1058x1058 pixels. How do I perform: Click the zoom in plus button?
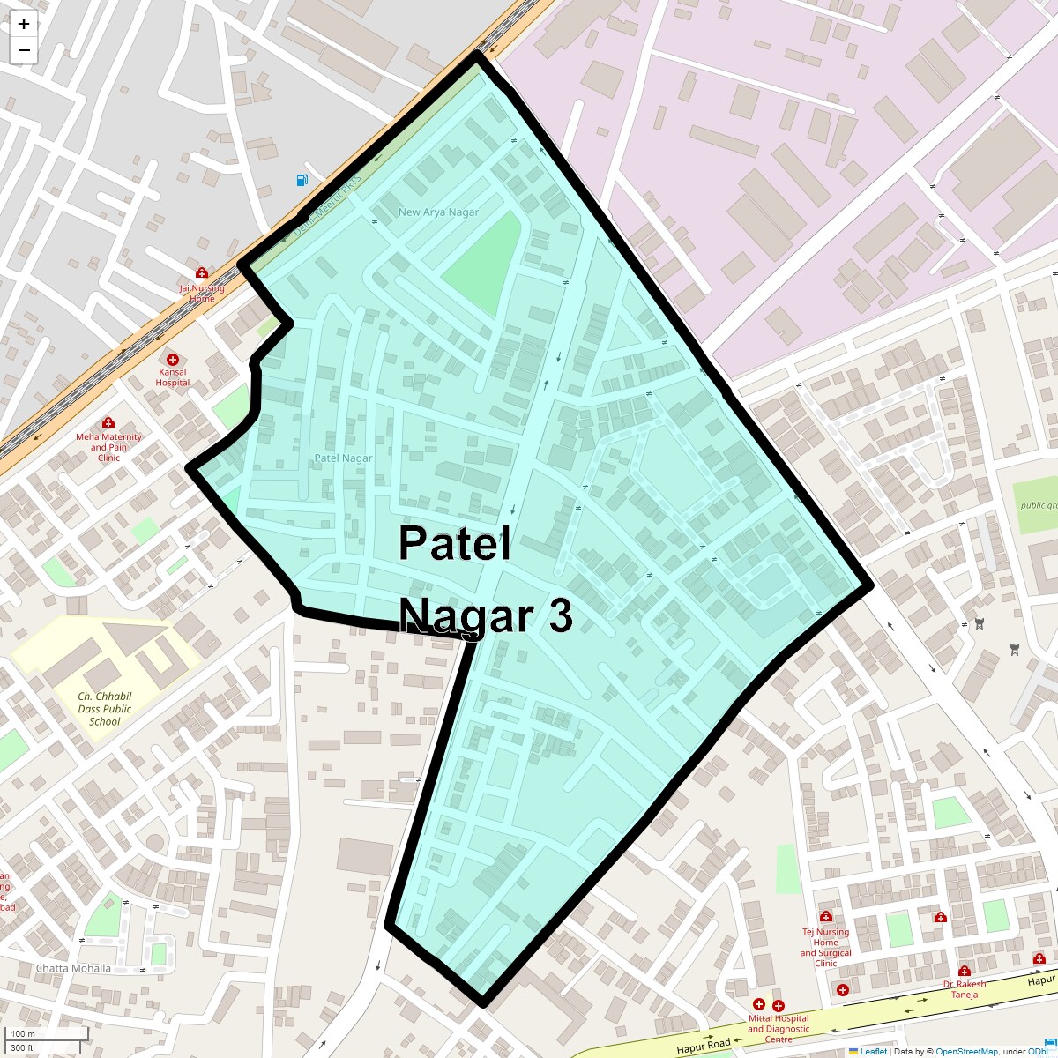tap(24, 24)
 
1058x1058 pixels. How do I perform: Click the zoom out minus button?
tap(24, 50)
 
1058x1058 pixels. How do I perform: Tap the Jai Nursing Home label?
tap(202, 293)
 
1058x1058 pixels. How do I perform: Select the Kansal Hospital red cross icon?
tap(173, 360)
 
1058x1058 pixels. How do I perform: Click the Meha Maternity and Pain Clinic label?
tap(108, 447)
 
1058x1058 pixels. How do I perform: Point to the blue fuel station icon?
tap(302, 181)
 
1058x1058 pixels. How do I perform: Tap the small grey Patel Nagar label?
tap(343, 458)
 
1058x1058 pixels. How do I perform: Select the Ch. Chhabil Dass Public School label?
tap(104, 709)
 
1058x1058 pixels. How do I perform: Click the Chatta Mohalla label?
tap(73, 968)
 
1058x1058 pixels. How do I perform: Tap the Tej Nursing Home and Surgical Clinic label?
tap(826, 947)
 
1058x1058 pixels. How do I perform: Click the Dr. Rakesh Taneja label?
tap(965, 989)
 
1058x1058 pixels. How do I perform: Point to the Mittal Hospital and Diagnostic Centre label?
tap(779, 1029)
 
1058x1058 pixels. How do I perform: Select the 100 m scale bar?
tap(49, 1034)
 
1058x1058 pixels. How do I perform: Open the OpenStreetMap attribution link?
tap(966, 1051)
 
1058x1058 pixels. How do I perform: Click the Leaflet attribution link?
tap(873, 1051)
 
